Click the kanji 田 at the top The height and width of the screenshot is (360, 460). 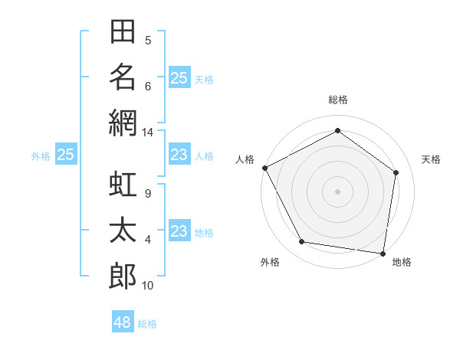coord(123,31)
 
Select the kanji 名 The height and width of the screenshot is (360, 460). coord(123,77)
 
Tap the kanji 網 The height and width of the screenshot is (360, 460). coord(123,123)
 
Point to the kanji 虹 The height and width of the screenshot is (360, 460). coord(123,184)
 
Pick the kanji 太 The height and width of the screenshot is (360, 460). coord(123,230)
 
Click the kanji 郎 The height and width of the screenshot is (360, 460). coord(123,276)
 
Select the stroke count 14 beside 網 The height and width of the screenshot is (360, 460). coord(147,133)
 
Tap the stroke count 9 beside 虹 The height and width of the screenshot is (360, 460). coord(148,194)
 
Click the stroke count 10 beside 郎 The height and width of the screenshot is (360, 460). coord(147,286)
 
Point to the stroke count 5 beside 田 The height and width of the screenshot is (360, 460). coord(148,41)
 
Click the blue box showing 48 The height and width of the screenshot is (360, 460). coord(123,321)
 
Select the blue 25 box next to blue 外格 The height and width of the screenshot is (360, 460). coord(66,154)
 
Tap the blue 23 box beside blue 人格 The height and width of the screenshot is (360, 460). coord(180,154)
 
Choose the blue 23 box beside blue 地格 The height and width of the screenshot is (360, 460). coord(180,230)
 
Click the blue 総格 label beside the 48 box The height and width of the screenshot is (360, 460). coord(147,324)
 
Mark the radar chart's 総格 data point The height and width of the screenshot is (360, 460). coord(337,130)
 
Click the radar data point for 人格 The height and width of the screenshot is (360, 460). coord(265,168)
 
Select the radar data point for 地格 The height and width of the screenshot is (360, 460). coord(383,254)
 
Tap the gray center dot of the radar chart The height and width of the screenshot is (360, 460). coord(337,191)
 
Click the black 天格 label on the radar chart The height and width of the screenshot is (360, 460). coord(431,159)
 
